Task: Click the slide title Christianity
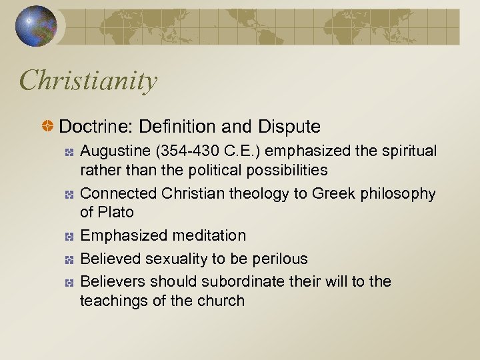89,81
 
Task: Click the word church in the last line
222,301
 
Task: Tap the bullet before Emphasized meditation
69,236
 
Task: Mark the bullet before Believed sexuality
69,259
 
